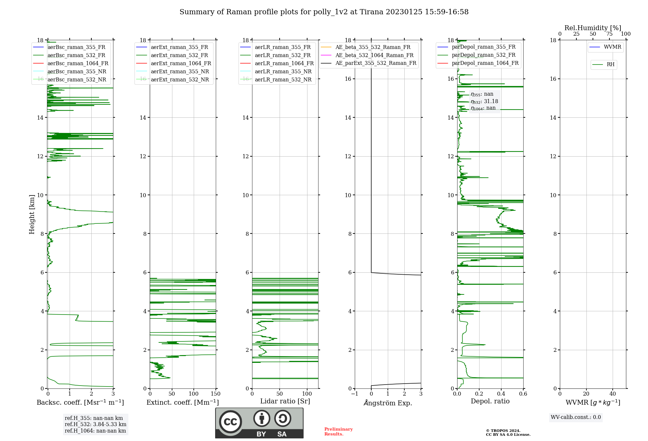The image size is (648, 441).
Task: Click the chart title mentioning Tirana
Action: click(x=324, y=12)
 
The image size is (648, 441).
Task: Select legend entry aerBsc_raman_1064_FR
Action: click(x=78, y=64)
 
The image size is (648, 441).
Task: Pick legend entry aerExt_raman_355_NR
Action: click(x=180, y=72)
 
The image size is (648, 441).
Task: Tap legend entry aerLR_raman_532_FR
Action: click(x=283, y=55)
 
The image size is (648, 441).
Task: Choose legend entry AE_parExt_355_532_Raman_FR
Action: click(x=376, y=63)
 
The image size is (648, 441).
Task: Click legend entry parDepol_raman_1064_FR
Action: click(x=485, y=63)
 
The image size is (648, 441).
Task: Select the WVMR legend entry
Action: click(x=612, y=47)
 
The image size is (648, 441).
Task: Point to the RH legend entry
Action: click(x=610, y=65)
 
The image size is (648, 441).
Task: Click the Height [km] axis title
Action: click(x=32, y=214)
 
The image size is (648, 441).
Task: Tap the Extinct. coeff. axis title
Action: click(x=183, y=402)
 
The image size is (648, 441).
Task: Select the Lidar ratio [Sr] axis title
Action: click(x=285, y=401)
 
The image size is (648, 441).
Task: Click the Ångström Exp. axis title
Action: click(x=388, y=403)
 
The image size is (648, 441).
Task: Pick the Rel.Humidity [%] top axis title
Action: click(x=593, y=28)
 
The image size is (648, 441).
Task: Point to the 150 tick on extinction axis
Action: click(x=215, y=394)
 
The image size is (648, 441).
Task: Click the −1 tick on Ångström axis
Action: click(x=355, y=394)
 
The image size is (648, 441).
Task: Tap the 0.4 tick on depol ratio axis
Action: click(x=501, y=394)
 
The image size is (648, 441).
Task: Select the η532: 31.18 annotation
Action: click(x=484, y=101)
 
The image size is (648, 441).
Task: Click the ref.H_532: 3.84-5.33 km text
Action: click(x=96, y=424)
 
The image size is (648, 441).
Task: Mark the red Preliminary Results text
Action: click(x=339, y=432)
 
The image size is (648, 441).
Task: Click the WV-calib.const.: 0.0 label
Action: click(x=576, y=417)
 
